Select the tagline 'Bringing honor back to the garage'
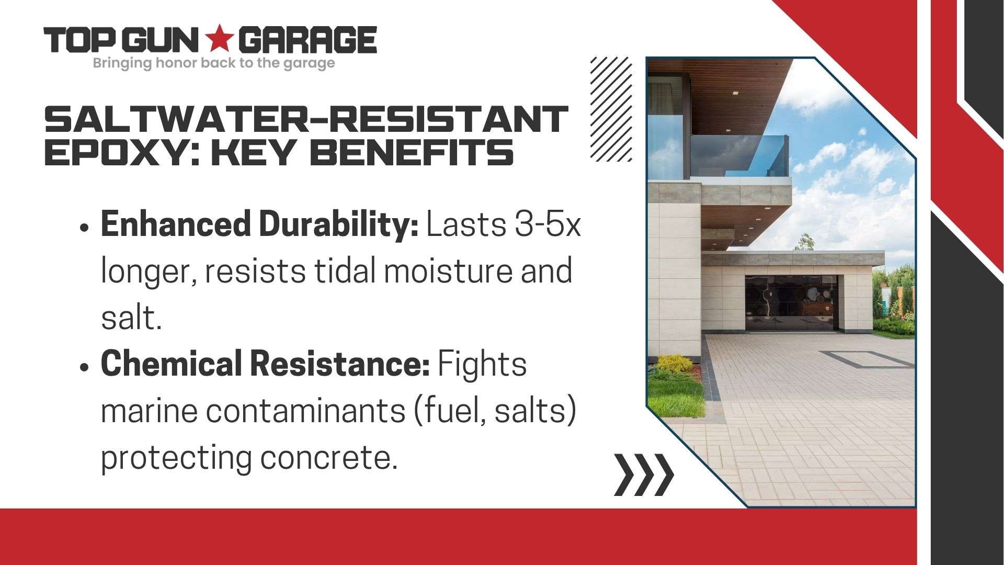[213, 64]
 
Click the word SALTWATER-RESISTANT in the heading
[306, 119]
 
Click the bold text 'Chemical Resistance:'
[265, 363]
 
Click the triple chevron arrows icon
[644, 474]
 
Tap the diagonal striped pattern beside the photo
[611, 108]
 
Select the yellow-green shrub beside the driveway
[675, 363]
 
